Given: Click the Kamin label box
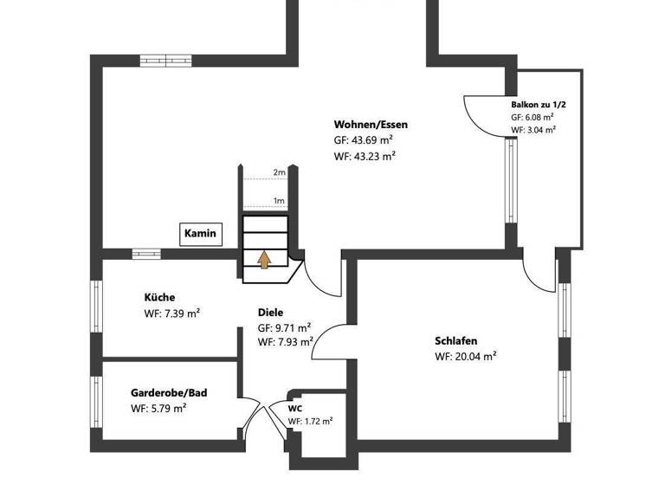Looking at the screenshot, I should click(x=201, y=234).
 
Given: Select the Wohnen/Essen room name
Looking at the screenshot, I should click(x=371, y=125).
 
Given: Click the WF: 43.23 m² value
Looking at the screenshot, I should click(x=365, y=156).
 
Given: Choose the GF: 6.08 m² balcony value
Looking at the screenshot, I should click(x=533, y=117).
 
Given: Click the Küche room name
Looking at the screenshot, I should click(x=159, y=298).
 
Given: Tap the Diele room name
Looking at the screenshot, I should click(x=270, y=313).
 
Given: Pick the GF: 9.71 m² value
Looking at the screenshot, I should click(x=284, y=328).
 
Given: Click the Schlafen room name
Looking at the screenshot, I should click(x=455, y=340).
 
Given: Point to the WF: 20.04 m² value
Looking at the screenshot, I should click(x=465, y=356).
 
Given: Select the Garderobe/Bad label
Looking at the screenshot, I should click(x=169, y=392).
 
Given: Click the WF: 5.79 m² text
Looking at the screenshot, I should click(x=158, y=408).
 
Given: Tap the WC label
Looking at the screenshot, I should click(x=295, y=408).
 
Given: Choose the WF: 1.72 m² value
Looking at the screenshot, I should click(x=310, y=421).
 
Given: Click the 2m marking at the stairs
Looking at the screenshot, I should click(x=279, y=172).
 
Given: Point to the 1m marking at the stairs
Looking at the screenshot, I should click(x=279, y=201).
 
